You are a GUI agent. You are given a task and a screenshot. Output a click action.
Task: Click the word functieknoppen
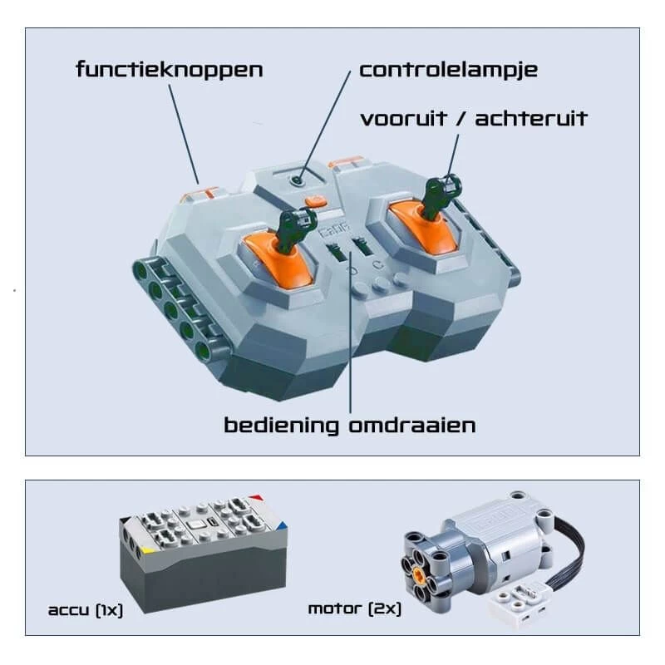(x=170, y=70)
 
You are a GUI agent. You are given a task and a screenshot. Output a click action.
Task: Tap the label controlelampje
(x=448, y=71)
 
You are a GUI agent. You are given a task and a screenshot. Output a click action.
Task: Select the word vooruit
(x=404, y=118)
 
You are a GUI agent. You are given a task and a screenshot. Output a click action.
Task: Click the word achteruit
(x=531, y=118)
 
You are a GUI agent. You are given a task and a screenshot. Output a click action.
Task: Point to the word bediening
(x=281, y=426)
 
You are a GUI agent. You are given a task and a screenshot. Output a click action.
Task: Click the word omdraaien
(x=411, y=426)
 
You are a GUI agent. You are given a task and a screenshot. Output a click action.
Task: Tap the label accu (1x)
(x=86, y=610)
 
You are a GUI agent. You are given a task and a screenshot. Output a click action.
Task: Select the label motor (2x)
(x=355, y=609)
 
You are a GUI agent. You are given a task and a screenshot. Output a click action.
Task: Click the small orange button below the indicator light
(x=316, y=200)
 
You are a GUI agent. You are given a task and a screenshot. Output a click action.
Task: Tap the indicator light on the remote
(x=298, y=180)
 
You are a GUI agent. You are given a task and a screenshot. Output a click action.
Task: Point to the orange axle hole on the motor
(x=419, y=575)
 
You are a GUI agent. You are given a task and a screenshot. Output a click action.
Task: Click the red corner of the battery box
(x=256, y=498)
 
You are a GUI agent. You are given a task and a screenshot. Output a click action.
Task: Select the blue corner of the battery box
(x=281, y=527)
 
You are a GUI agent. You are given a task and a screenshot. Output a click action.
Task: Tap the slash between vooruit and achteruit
(x=461, y=118)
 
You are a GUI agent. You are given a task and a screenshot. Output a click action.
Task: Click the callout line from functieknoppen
(x=184, y=134)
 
